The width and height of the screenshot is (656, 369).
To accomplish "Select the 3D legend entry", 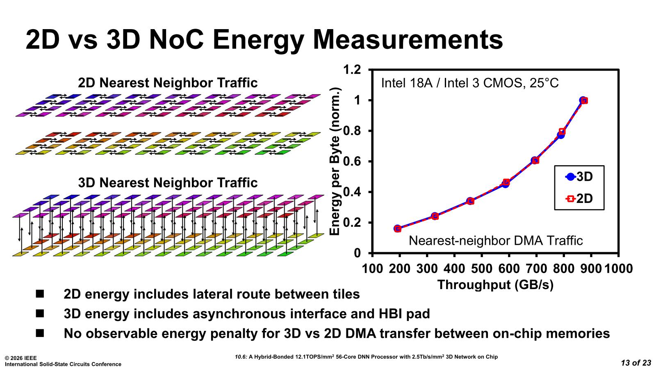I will [579, 177].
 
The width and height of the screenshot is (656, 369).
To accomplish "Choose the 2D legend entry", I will [579, 198].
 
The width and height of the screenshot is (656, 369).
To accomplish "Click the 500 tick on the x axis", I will [481, 269].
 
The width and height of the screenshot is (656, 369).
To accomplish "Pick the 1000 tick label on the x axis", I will [619, 269].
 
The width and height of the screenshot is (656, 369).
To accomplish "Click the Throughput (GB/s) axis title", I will [495, 285].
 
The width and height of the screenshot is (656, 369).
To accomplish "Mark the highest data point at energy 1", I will [583, 100].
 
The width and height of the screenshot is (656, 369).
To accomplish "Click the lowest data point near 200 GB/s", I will [397, 228].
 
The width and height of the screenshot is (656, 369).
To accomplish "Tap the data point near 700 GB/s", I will [535, 160].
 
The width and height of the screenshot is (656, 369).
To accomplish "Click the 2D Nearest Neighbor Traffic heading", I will [168, 83].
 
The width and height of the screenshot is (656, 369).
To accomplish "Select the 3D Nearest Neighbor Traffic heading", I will [168, 182].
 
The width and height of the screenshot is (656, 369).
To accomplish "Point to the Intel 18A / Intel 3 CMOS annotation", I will [470, 83].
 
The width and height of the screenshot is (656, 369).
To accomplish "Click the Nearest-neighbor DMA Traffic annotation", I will [496, 240].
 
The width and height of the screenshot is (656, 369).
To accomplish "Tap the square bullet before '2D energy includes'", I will [40, 294].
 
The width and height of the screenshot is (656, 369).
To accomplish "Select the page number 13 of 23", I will [636, 362].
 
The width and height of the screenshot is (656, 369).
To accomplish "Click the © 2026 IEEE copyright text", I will [20, 358].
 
